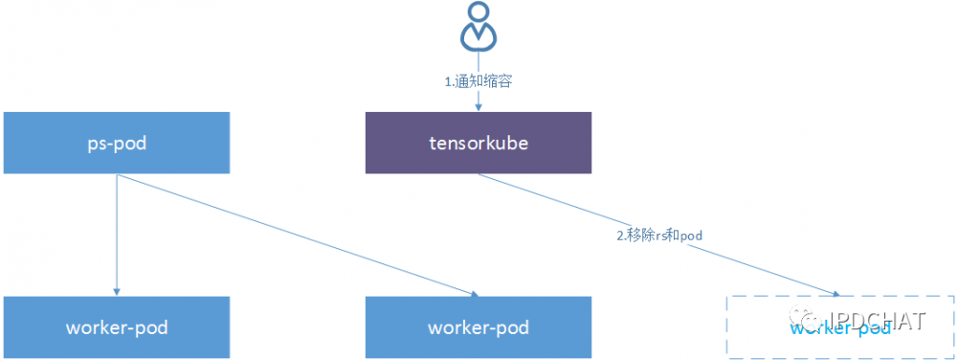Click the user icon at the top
478,27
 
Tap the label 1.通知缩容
478,81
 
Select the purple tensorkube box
478,143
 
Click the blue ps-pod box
117,143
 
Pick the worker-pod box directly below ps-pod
117,327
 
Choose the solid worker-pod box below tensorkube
478,327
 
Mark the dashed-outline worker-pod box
840,327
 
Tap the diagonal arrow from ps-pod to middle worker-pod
297,235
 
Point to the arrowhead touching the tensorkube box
478,108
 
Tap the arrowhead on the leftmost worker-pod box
117,291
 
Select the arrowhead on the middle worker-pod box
473,292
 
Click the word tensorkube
478,143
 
